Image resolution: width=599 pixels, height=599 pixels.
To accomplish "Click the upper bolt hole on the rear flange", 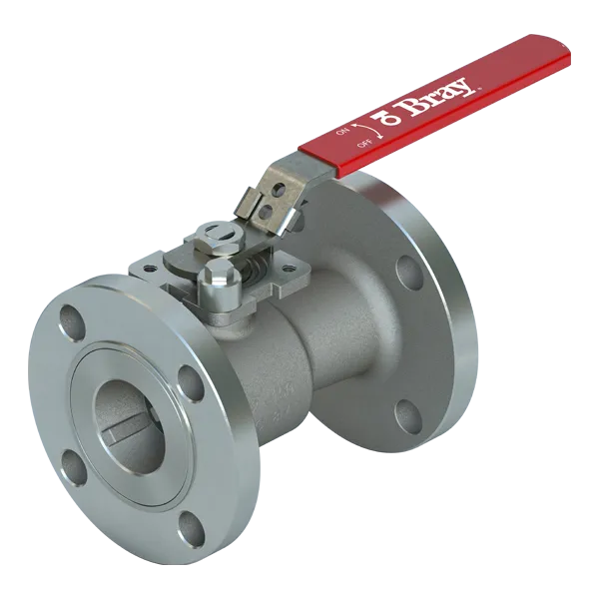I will [x=407, y=271].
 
